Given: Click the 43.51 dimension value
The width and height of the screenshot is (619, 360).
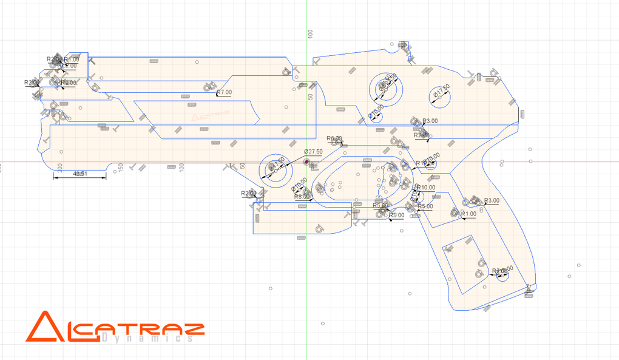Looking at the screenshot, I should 79,174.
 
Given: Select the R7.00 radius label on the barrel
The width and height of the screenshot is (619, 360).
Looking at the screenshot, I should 225,92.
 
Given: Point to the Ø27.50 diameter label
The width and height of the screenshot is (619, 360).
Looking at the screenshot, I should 313,151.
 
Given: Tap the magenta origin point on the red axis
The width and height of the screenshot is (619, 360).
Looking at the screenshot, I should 307,163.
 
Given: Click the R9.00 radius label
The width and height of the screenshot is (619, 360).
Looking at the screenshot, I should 334,139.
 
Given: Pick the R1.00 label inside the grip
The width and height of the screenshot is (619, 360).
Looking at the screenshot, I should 468,214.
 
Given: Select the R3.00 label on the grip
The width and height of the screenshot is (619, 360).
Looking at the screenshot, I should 491,200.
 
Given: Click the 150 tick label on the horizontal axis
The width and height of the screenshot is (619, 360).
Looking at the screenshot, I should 120,167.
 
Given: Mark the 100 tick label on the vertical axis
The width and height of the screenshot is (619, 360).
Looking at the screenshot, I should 309,33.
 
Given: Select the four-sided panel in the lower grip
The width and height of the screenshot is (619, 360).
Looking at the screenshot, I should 464,260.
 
